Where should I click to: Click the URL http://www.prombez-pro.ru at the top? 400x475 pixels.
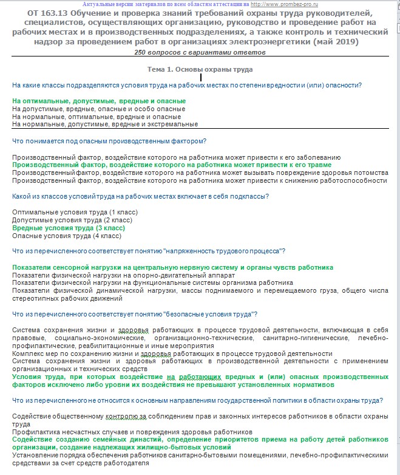[287, 4]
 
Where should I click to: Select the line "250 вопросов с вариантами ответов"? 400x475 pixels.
[200, 52]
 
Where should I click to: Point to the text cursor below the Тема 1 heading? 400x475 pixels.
[201, 77]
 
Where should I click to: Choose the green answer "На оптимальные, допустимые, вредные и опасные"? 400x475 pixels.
[99, 101]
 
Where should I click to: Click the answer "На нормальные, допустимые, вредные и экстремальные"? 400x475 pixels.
[105, 124]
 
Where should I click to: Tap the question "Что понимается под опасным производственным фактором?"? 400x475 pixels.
[109, 142]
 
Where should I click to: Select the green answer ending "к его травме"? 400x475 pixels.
[172, 165]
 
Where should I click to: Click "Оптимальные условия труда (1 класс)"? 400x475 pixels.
[75, 212]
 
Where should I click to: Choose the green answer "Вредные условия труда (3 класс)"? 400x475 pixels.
[69, 228]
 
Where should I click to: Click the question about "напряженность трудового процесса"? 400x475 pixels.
[149, 251]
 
